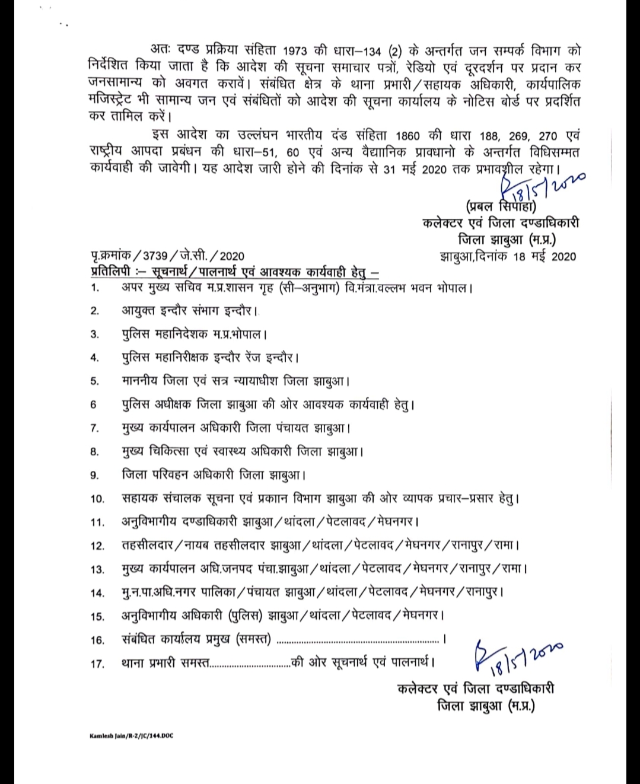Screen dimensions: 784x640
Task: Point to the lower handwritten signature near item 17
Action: pos(516,655)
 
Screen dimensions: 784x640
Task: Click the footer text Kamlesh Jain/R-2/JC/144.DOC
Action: pos(131,735)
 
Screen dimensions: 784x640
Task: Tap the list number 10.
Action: pos(97,499)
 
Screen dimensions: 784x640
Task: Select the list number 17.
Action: pos(97,664)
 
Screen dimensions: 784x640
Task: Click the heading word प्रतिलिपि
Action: pos(111,272)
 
